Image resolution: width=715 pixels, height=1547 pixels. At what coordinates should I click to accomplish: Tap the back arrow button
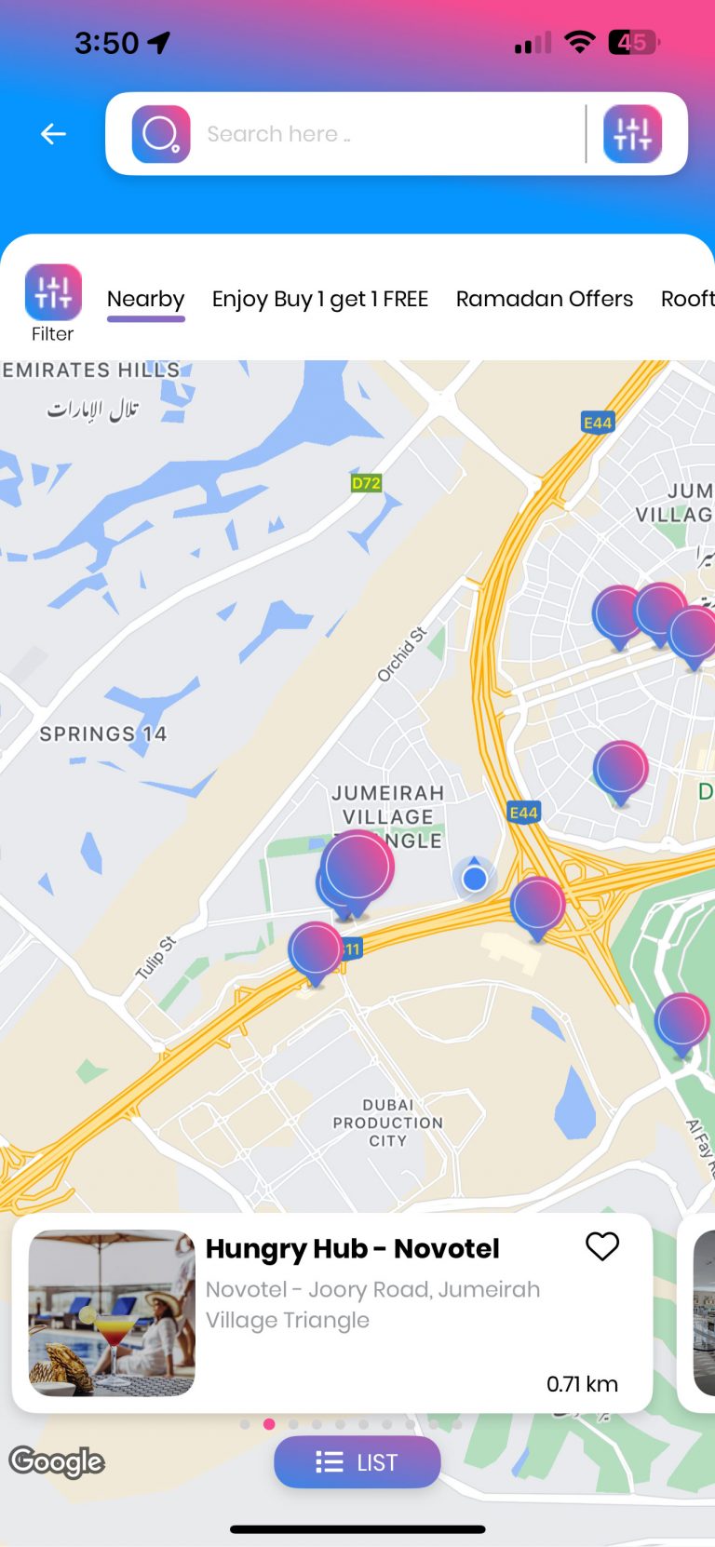pyautogui.click(x=53, y=134)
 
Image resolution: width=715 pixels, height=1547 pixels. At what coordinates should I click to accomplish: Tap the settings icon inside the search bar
pyautogui.click(x=632, y=134)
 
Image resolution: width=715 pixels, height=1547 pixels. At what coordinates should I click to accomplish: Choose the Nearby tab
pyautogui.click(x=146, y=299)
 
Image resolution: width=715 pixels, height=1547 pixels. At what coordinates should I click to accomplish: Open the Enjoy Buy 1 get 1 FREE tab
pyautogui.click(x=320, y=299)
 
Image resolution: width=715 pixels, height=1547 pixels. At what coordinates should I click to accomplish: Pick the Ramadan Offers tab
pyautogui.click(x=545, y=299)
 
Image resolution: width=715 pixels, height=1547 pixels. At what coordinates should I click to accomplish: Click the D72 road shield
pyautogui.click(x=366, y=483)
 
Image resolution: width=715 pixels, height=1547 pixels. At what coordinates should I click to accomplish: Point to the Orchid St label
pyautogui.click(x=401, y=653)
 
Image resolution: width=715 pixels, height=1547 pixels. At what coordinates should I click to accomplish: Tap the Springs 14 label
pyautogui.click(x=102, y=733)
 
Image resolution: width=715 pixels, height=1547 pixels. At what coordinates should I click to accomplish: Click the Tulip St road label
pyautogui.click(x=155, y=958)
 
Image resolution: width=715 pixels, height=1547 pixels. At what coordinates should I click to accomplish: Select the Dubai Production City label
pyautogui.click(x=387, y=1123)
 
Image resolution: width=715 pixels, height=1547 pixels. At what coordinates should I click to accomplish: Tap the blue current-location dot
pyautogui.click(x=475, y=878)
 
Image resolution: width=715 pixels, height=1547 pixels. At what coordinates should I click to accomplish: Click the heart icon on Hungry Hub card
pyautogui.click(x=602, y=1245)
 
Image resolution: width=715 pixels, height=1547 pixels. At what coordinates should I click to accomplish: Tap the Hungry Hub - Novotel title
pyautogui.click(x=352, y=1248)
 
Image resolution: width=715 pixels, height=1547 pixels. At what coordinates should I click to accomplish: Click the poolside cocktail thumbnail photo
pyautogui.click(x=112, y=1312)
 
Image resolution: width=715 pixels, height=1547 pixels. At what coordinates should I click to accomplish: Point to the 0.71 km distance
pyautogui.click(x=582, y=1384)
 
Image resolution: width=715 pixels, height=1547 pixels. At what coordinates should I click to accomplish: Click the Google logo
pyautogui.click(x=57, y=1461)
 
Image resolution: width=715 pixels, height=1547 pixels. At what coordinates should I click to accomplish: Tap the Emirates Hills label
pyautogui.click(x=90, y=370)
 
